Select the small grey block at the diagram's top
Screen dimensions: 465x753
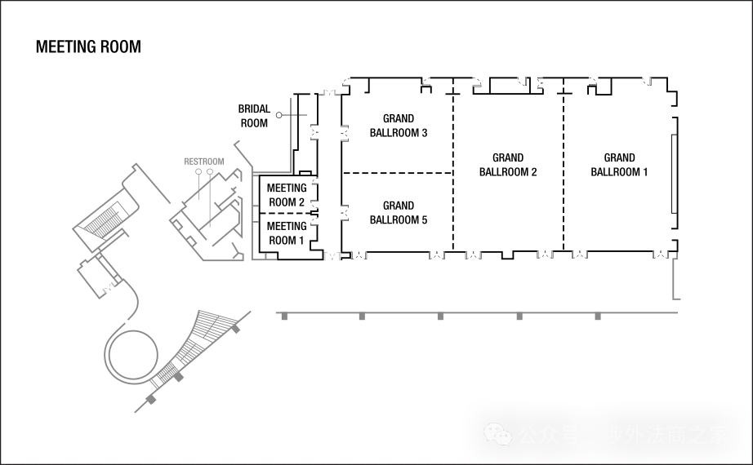[x=329, y=91]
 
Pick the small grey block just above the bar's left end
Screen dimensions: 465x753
[x=332, y=255]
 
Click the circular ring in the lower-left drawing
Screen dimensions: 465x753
[x=130, y=354]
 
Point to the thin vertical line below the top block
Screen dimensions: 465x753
[x=290, y=131]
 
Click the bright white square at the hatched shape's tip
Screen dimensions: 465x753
[x=244, y=322]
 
